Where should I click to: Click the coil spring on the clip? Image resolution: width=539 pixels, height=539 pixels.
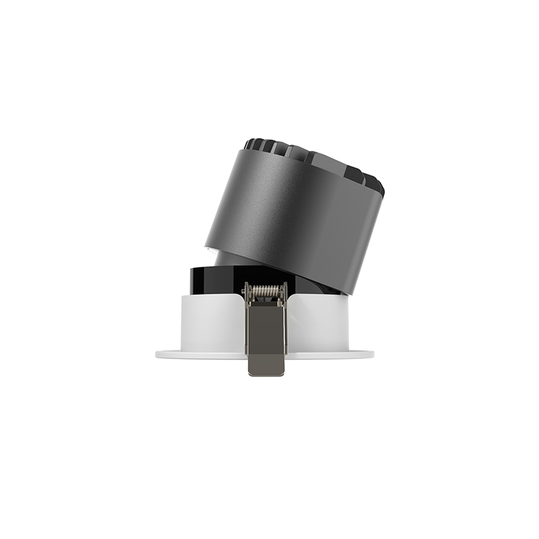point(265,292)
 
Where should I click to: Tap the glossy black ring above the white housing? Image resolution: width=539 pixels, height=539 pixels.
point(212,278)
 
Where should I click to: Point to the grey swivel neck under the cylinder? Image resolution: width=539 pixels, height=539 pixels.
point(226,258)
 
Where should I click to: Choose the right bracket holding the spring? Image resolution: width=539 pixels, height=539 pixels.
point(284,290)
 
